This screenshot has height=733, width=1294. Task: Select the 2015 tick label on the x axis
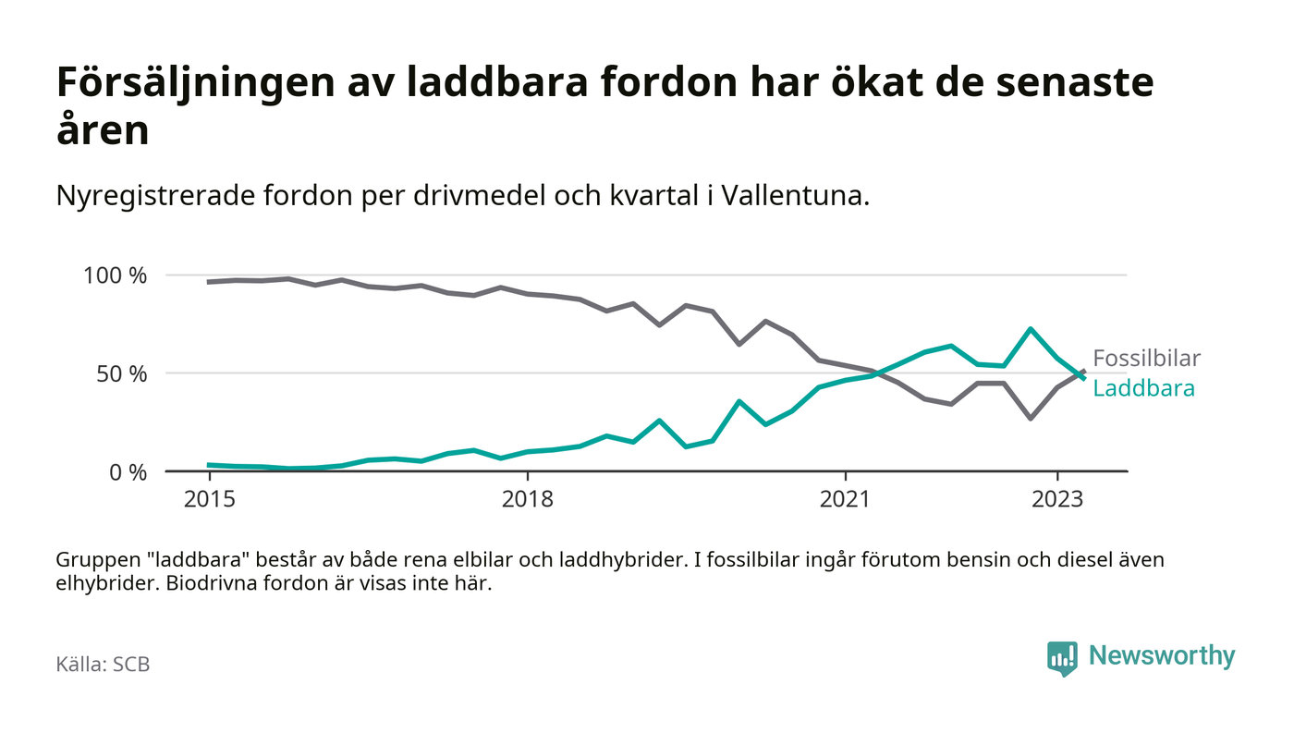coord(209,499)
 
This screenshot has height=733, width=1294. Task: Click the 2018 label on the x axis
coord(527,499)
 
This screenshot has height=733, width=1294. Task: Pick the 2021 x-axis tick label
coord(846,499)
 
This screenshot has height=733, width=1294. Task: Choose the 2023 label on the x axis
coord(1057,499)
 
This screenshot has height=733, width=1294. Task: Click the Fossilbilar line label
coord(1146,359)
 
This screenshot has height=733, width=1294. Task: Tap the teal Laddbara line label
coord(1143,388)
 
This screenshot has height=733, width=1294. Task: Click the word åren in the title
coord(103,131)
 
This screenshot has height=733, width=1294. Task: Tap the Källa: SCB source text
coord(103,664)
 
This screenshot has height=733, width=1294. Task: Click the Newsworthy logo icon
coord(1062,657)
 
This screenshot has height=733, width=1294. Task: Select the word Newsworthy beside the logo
coord(1161,656)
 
